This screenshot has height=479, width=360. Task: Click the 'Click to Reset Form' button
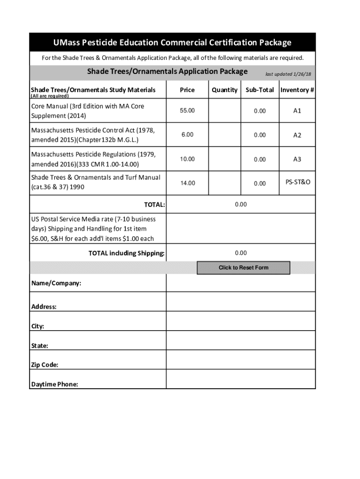click(x=243, y=268)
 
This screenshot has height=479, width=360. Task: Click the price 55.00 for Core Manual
click(x=187, y=110)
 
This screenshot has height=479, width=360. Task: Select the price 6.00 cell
click(x=187, y=135)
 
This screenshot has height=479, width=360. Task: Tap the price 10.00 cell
click(x=187, y=159)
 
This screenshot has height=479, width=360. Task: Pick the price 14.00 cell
click(x=187, y=183)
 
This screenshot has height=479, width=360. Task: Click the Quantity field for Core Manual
click(x=224, y=111)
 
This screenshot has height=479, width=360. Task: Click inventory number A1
click(x=297, y=111)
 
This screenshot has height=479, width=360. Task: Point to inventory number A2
click(x=297, y=135)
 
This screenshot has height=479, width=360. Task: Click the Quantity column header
click(x=224, y=90)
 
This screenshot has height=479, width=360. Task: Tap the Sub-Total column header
click(x=260, y=90)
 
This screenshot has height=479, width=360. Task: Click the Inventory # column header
click(x=297, y=90)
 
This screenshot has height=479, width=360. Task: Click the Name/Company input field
click(x=241, y=283)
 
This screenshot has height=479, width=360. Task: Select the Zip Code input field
click(x=241, y=360)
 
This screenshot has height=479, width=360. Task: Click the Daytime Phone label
click(x=55, y=385)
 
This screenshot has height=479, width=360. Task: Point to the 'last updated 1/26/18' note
click(x=288, y=74)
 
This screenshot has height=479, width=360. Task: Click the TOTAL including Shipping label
click(x=127, y=254)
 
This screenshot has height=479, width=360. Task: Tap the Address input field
click(x=241, y=302)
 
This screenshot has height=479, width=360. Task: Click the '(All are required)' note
click(x=50, y=96)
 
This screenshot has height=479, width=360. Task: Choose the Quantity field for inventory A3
click(x=224, y=160)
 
